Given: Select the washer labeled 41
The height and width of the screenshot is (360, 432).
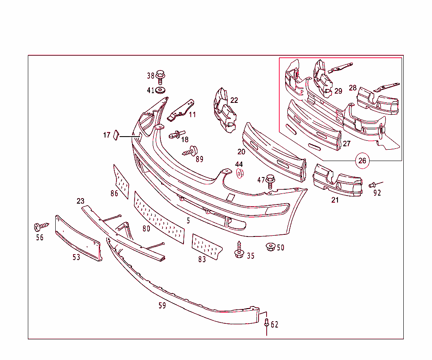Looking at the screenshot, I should (161, 91).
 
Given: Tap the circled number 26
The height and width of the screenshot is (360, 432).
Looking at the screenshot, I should (362, 161).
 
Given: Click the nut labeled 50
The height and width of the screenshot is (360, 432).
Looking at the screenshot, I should (270, 247).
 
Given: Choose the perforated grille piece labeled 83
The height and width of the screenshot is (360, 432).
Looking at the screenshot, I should (206, 247).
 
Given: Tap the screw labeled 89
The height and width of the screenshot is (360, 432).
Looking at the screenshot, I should (192, 151).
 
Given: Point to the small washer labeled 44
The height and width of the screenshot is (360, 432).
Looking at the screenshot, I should (240, 173).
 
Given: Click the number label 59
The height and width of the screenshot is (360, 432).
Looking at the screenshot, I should (162, 306).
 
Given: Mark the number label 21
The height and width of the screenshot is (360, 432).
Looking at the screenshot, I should (335, 200).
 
